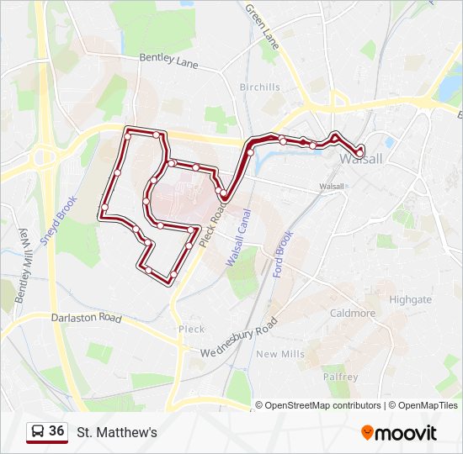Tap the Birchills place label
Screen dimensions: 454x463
click(260, 87)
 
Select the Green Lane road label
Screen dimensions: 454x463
click(262, 24)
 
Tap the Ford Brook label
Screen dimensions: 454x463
click(281, 254)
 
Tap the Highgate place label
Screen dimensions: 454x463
click(410, 299)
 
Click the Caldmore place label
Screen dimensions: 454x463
click(353, 314)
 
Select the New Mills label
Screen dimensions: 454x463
click(279, 354)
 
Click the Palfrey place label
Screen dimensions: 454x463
click(340, 377)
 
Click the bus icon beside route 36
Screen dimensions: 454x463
click(37, 432)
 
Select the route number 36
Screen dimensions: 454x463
click(56, 431)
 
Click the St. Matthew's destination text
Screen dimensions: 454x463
click(117, 433)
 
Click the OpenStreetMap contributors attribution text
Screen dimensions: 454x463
click(322, 405)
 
